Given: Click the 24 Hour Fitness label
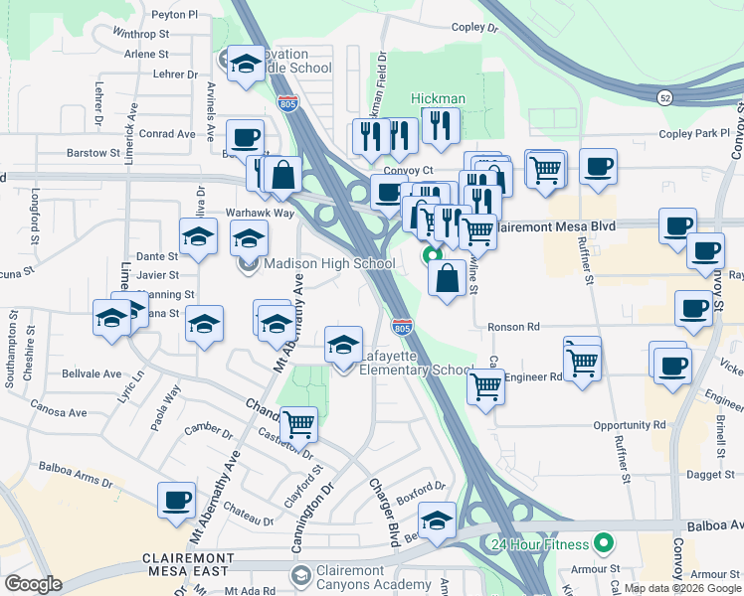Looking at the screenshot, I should (537, 544).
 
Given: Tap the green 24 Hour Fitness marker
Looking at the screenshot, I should (602, 544).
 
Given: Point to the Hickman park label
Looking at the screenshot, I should (439, 98).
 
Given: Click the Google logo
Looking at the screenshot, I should (34, 584).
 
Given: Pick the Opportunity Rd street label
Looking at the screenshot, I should (631, 425).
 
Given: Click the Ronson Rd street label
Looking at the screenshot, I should (513, 327).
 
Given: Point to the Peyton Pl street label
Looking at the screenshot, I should (175, 15).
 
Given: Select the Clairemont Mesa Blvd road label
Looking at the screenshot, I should (555, 226).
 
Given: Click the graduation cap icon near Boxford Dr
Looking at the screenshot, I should (437, 520).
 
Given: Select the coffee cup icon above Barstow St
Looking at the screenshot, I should (244, 137).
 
